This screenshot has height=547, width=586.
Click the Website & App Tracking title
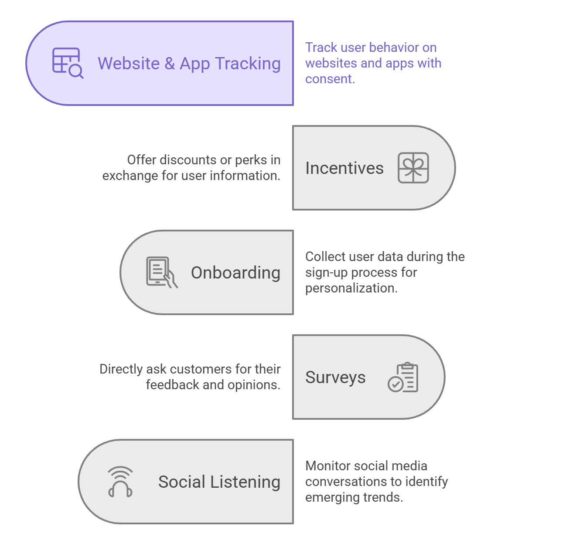coord(189,64)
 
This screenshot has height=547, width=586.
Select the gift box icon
coord(413,168)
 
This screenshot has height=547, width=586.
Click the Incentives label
coord(344,168)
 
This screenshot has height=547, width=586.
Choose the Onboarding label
coord(235,272)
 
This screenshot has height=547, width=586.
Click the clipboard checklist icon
coord(403,377)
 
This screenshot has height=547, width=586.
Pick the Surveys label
coord(335,377)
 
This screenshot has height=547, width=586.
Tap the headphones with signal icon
coord(120,482)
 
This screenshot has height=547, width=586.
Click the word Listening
coord(245,482)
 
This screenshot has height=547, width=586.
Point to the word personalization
coord(351,289)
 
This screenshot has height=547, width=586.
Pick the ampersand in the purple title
coord(169,64)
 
